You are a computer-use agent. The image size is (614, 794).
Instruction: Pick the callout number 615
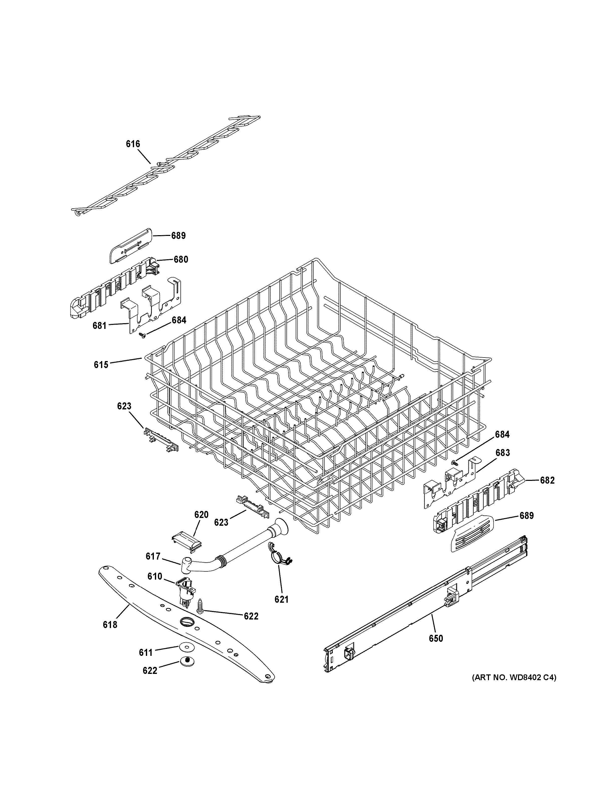(x=101, y=364)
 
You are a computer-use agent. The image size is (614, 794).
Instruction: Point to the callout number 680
(x=181, y=259)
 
